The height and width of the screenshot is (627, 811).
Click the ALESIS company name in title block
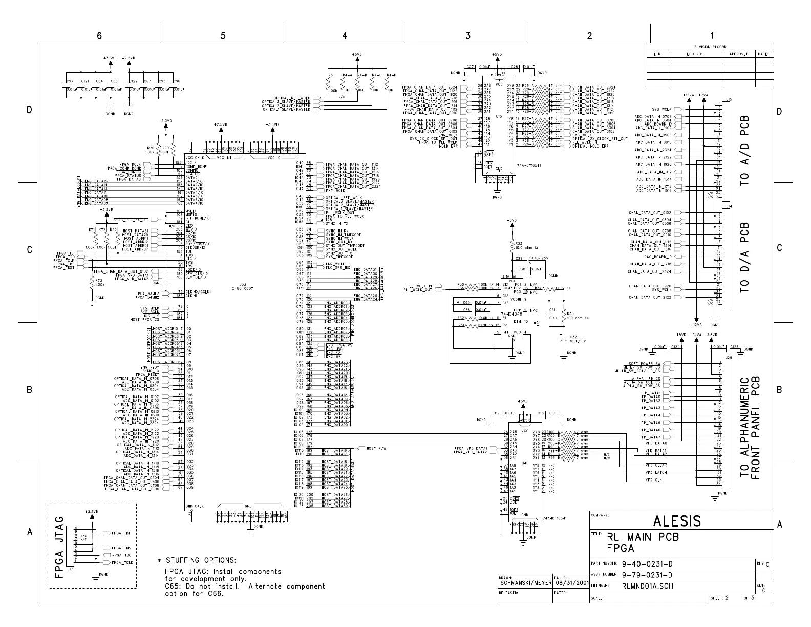677,521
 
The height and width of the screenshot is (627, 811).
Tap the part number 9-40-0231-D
647,563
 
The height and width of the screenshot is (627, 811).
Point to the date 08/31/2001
571,582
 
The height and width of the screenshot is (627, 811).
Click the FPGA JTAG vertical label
59,547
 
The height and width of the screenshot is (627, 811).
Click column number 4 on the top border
344,35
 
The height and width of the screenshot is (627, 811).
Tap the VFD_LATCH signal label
656,472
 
